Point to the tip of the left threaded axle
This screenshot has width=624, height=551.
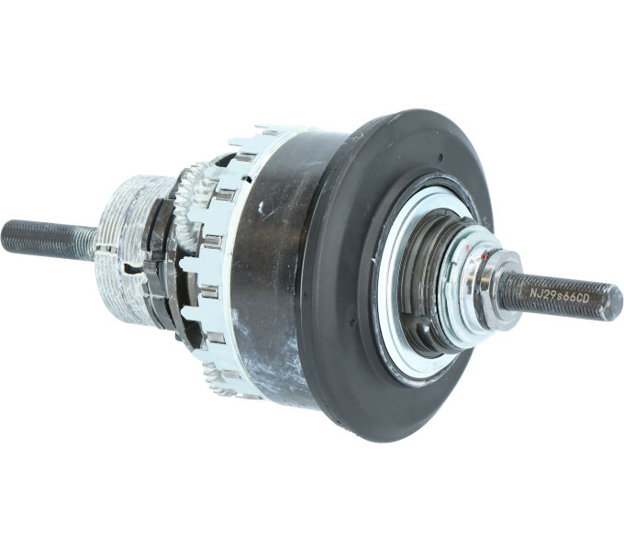6,237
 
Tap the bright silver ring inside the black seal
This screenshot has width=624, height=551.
390,303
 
